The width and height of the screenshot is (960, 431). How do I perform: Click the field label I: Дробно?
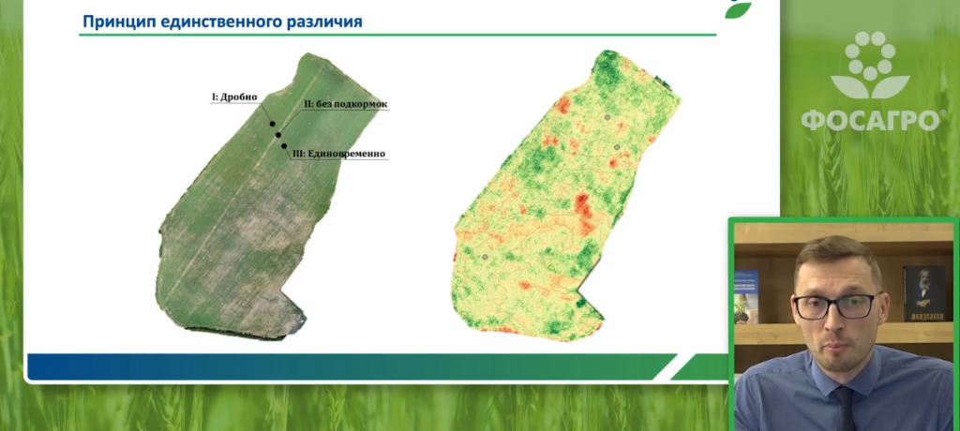[233, 97]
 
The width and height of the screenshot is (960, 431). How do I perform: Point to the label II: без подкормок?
[346, 104]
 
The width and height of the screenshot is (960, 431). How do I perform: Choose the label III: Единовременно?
[339, 154]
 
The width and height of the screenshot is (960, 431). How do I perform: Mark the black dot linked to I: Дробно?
[273, 124]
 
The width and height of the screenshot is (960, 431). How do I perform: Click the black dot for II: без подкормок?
[277, 135]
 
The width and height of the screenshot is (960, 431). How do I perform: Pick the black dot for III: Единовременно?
[284, 146]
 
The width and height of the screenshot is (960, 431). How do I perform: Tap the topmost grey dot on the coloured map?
[607, 117]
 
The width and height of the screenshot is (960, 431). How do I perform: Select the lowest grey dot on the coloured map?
[485, 257]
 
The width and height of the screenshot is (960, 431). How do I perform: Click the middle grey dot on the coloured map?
[617, 147]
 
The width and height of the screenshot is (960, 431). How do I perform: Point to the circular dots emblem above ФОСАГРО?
[870, 64]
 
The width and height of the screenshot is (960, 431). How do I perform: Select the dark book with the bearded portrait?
[924, 293]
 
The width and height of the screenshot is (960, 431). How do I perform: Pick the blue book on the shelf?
[746, 297]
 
